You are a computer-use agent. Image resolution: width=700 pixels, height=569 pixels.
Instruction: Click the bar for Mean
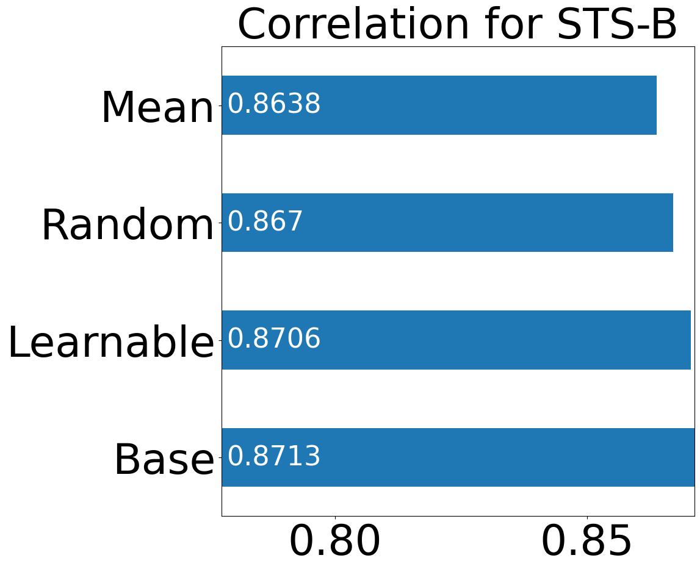pyautogui.click(x=439, y=106)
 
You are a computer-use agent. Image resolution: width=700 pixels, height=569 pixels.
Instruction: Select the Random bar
pyautogui.click(x=447, y=223)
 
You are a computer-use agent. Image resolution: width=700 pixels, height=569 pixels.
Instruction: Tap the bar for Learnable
pyautogui.click(x=456, y=340)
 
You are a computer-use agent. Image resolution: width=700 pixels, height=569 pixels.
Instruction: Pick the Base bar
pyautogui.click(x=458, y=457)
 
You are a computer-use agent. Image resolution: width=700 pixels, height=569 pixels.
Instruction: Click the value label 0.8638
pyautogui.click(x=274, y=104)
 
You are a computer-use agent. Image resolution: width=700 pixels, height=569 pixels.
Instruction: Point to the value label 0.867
pyautogui.click(x=265, y=221)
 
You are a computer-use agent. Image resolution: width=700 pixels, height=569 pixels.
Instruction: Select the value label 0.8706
pyautogui.click(x=274, y=338)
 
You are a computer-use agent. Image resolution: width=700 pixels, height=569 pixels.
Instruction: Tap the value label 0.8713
pyautogui.click(x=274, y=456)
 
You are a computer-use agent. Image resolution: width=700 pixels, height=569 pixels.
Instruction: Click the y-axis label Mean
pyautogui.click(x=158, y=107)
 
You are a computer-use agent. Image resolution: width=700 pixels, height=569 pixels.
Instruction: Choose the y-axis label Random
pyautogui.click(x=128, y=225)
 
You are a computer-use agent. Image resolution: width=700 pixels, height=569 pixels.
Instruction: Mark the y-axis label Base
pyautogui.click(x=164, y=459)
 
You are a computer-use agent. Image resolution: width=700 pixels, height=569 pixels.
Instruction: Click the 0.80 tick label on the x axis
pyautogui.click(x=335, y=541)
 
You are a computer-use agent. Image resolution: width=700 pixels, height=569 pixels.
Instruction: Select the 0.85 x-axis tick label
pyautogui.click(x=587, y=541)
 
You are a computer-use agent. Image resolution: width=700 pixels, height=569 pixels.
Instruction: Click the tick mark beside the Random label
pyautogui.click(x=220, y=223)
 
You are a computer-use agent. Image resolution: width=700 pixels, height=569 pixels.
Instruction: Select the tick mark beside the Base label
pyautogui.click(x=220, y=457)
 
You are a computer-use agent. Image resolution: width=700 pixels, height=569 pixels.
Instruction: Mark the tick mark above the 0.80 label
pyautogui.click(x=335, y=518)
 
